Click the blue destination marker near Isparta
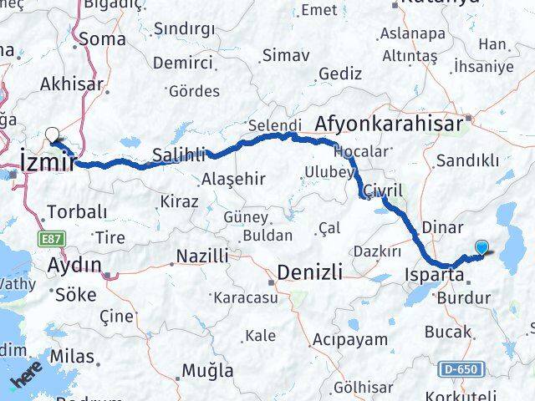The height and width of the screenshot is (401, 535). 482,246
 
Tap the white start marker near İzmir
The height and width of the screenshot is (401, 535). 53,134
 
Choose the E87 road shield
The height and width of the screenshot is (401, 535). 49,239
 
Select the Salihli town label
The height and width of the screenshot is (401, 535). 178,155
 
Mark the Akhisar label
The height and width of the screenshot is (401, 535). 69,84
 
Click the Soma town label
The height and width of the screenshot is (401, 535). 103,38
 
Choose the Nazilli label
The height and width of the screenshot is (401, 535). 201,256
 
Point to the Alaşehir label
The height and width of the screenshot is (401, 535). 233,180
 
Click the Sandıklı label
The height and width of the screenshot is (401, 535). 474,160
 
